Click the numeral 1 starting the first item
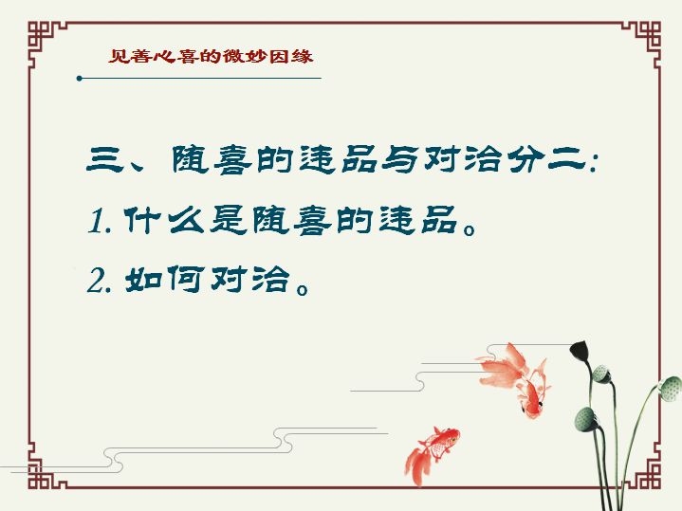pos(96,221)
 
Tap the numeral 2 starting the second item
pos(96,281)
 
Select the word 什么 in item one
pos(164,220)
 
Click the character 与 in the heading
pos(399,158)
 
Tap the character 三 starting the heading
pos(104,159)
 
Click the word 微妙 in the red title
pos(244,57)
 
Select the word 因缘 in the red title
pos(290,57)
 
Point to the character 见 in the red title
pos(118,57)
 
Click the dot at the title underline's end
pos(79,79)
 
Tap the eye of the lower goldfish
pos(452,440)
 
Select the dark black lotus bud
pos(580,350)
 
